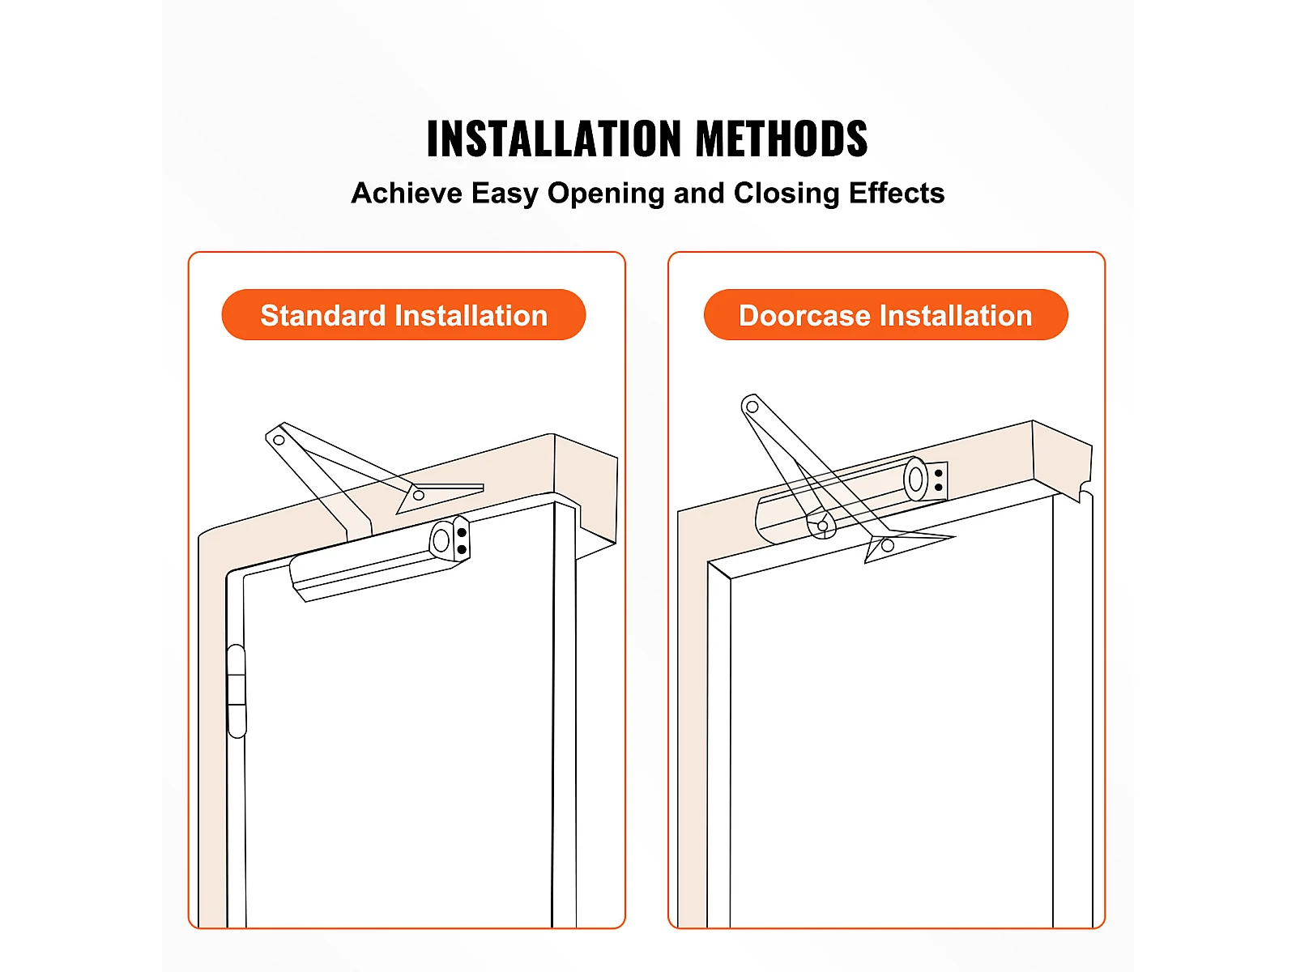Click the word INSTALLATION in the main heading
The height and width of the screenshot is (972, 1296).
click(554, 138)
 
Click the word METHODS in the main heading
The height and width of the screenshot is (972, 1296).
click(782, 138)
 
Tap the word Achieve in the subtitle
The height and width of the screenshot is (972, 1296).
click(407, 193)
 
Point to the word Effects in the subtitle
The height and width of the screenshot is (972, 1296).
click(897, 193)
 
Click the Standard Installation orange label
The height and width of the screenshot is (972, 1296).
click(403, 314)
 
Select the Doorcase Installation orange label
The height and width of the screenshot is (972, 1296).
click(885, 314)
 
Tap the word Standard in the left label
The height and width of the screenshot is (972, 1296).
click(323, 315)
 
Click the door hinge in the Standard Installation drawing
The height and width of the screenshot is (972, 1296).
click(237, 690)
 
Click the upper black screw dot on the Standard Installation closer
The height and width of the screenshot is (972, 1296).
click(462, 533)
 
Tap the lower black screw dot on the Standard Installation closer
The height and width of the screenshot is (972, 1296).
click(462, 549)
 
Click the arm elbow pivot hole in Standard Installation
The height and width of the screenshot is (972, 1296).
click(279, 440)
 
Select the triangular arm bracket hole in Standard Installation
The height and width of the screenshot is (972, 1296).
click(419, 495)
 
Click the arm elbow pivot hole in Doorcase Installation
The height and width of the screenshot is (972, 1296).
click(752, 407)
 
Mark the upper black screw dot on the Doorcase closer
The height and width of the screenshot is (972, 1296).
click(938, 473)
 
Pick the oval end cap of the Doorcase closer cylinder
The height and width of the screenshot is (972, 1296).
click(916, 479)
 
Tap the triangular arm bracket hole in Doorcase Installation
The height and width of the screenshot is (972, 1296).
click(888, 545)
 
